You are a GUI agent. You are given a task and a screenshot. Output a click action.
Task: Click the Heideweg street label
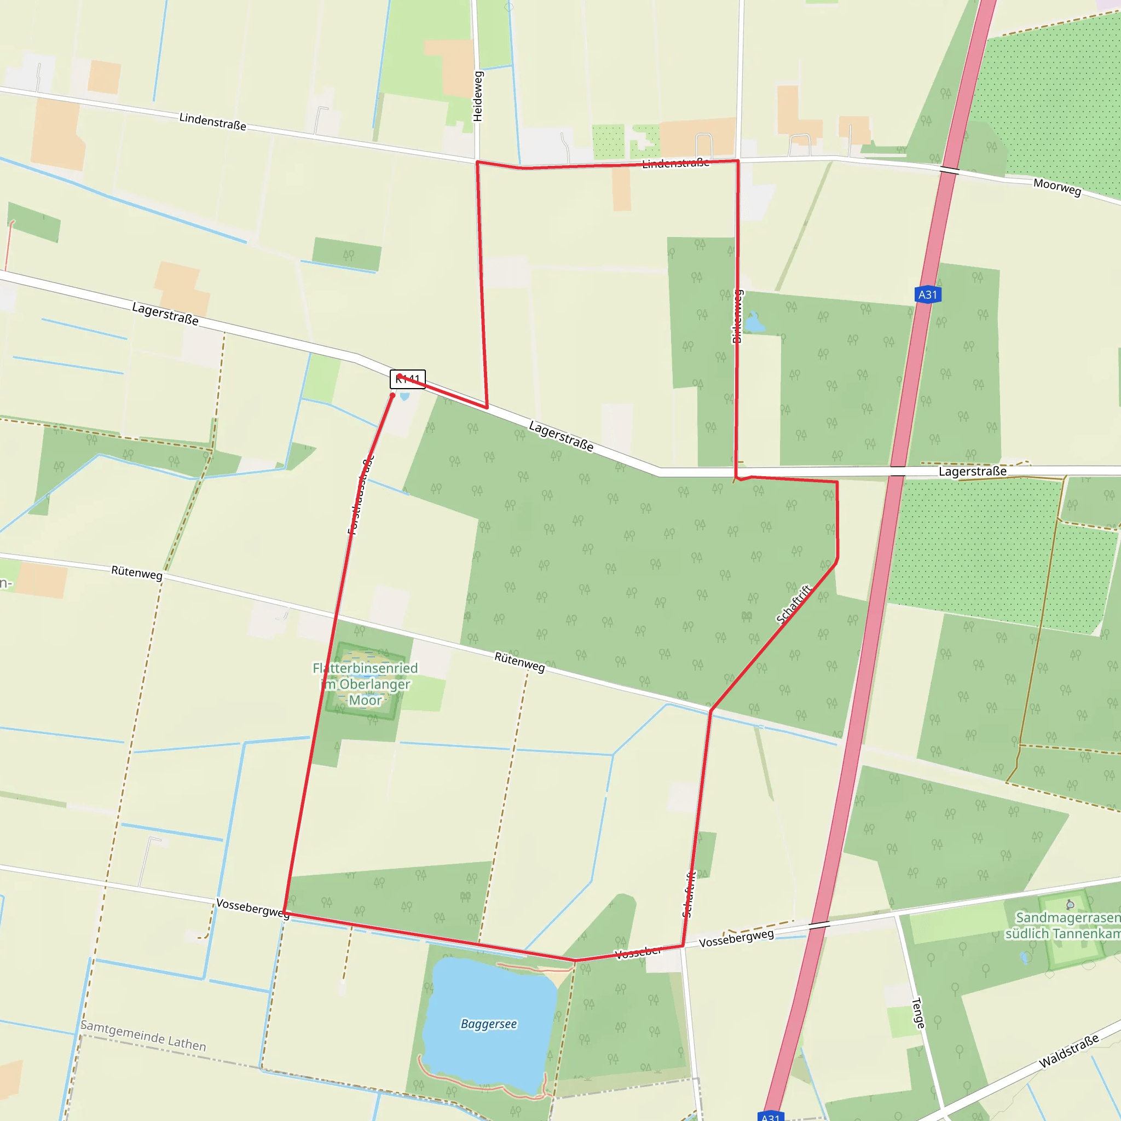(x=477, y=96)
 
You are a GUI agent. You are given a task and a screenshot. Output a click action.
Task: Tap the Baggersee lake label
(x=489, y=1024)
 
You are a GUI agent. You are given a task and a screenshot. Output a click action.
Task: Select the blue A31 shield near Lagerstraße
(x=927, y=295)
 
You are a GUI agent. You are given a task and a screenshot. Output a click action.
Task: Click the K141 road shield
(x=408, y=379)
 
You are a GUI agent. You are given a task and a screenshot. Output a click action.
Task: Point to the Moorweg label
(x=1057, y=187)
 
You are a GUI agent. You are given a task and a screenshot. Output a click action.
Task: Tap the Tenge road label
(x=918, y=1013)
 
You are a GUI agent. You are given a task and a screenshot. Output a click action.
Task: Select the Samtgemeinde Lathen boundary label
(x=143, y=1035)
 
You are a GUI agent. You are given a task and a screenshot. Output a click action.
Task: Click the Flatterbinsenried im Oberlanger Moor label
(x=365, y=684)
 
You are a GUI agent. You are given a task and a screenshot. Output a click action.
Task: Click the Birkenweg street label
(x=737, y=316)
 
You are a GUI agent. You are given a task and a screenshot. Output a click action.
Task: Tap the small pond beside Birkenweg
(x=754, y=322)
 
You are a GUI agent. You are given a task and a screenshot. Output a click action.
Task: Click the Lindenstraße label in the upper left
(x=212, y=122)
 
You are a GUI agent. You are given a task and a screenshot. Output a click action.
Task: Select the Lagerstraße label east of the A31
(x=973, y=471)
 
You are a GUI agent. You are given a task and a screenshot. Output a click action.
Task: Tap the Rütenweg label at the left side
(x=136, y=572)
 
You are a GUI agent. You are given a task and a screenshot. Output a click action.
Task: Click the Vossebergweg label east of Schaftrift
(x=736, y=938)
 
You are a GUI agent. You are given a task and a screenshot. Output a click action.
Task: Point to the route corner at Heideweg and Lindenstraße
(x=477, y=162)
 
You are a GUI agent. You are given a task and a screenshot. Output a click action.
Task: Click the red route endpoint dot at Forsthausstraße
(x=393, y=395)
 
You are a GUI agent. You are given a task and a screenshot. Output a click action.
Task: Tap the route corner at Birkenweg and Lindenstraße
(x=737, y=161)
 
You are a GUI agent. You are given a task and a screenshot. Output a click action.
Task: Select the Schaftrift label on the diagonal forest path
(x=793, y=605)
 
